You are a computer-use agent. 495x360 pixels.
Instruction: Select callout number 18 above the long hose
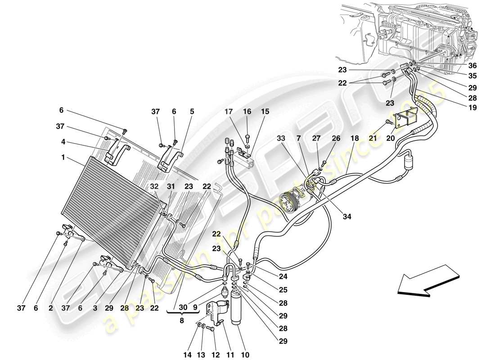tap(355, 139)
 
